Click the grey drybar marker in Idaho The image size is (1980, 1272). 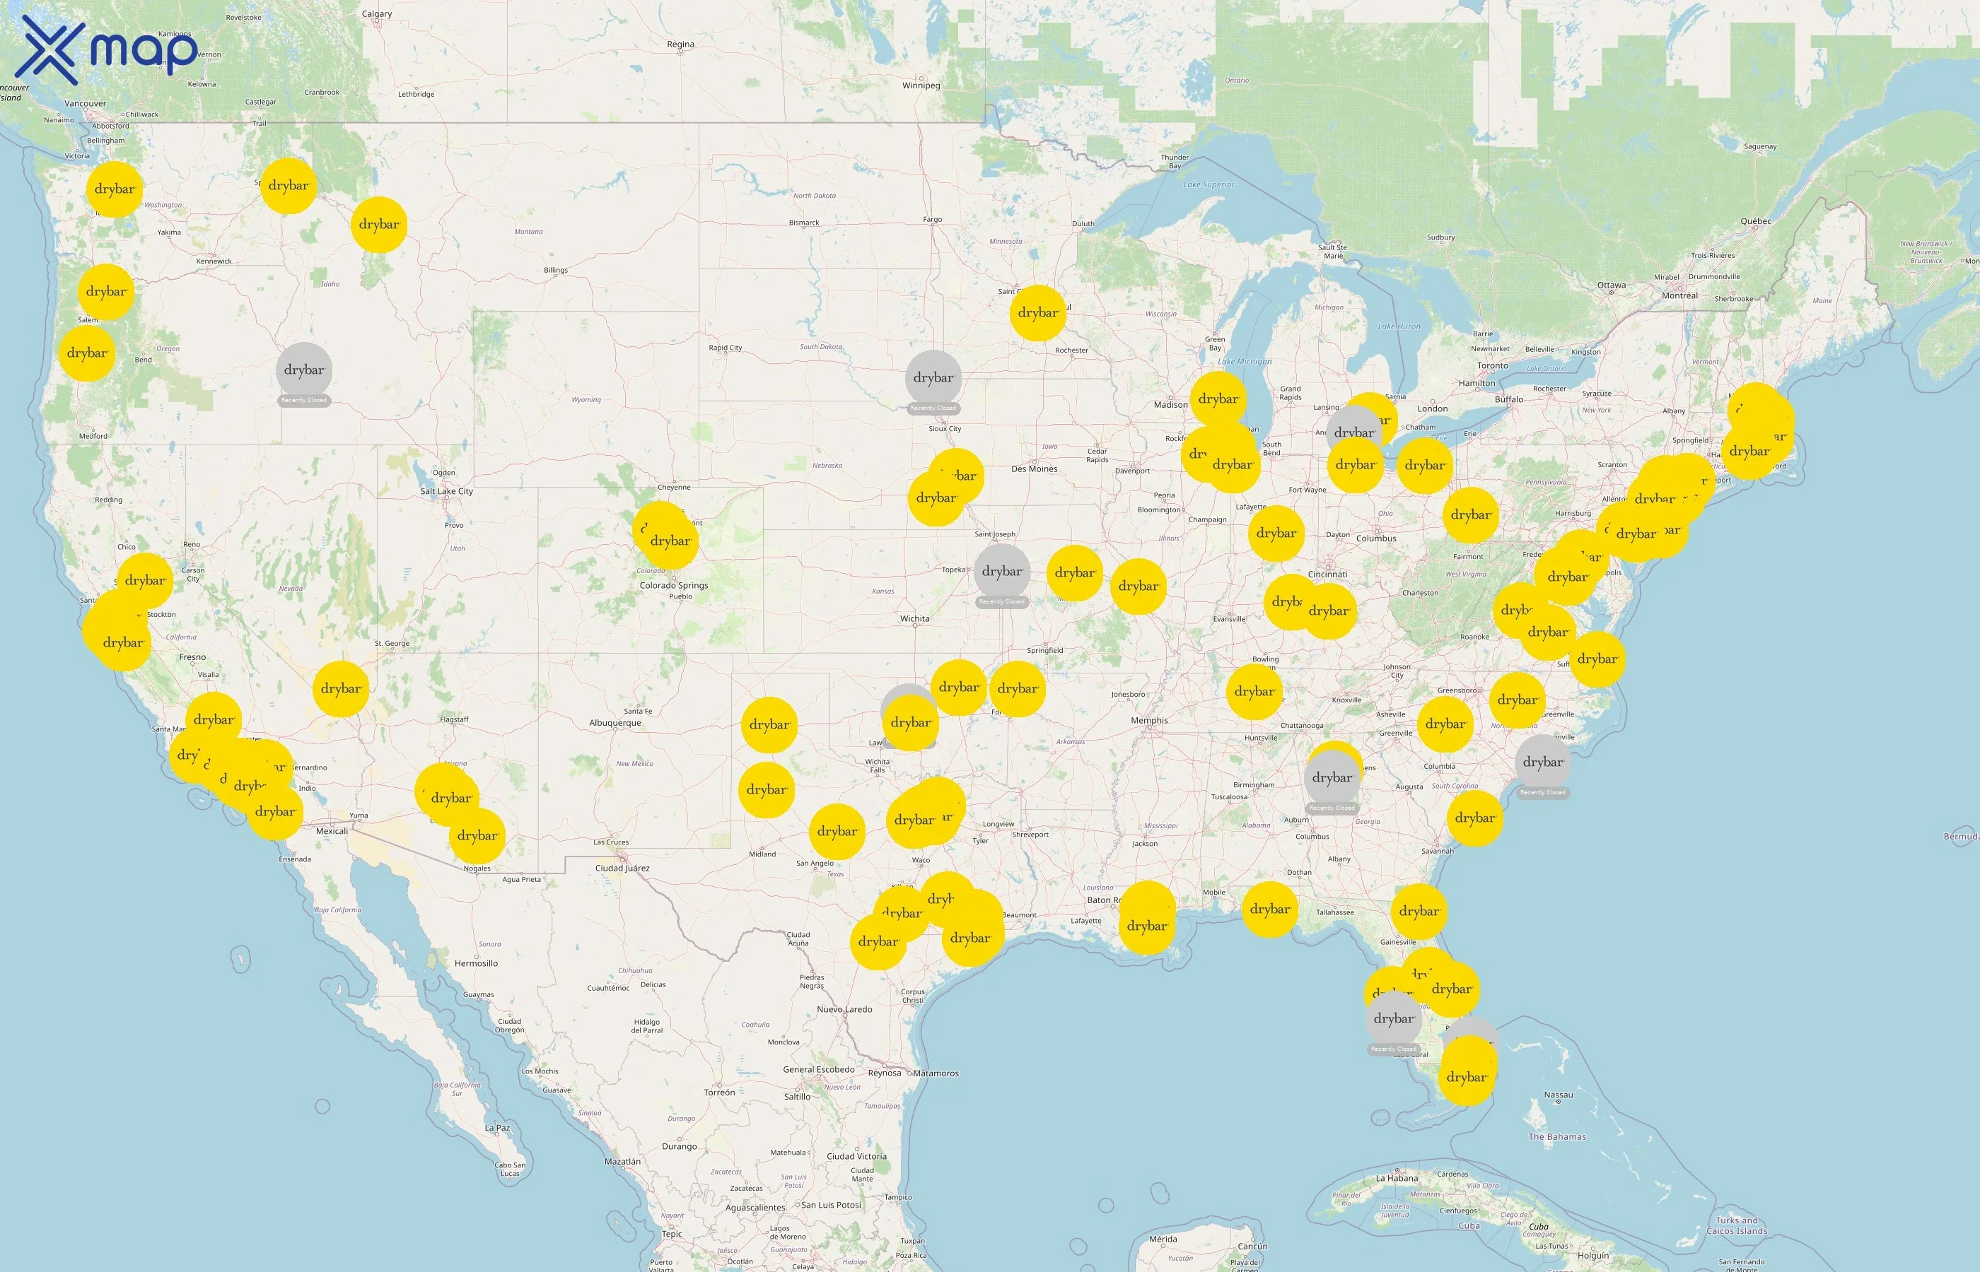tap(304, 370)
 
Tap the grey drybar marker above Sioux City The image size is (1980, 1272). tap(933, 377)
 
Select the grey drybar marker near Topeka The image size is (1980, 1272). tap(1001, 572)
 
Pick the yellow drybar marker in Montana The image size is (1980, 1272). tap(378, 225)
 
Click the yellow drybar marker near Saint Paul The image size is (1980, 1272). tap(1038, 312)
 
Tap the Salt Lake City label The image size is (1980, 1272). tap(446, 491)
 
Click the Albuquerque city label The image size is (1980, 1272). tap(615, 724)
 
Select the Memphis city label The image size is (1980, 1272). tap(1148, 721)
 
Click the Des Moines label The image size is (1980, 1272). tap(1034, 469)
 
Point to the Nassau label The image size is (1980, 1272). tap(1558, 1095)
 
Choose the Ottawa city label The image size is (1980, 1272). tap(1611, 285)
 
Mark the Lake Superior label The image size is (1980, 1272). tap(1209, 185)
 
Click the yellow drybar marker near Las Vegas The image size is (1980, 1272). tap(340, 688)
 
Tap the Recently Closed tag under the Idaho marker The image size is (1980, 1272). tap(304, 401)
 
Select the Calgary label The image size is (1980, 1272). tap(377, 14)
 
